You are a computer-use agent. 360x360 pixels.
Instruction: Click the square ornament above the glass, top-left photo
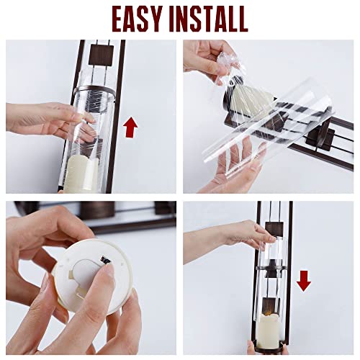click(x=98, y=53)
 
